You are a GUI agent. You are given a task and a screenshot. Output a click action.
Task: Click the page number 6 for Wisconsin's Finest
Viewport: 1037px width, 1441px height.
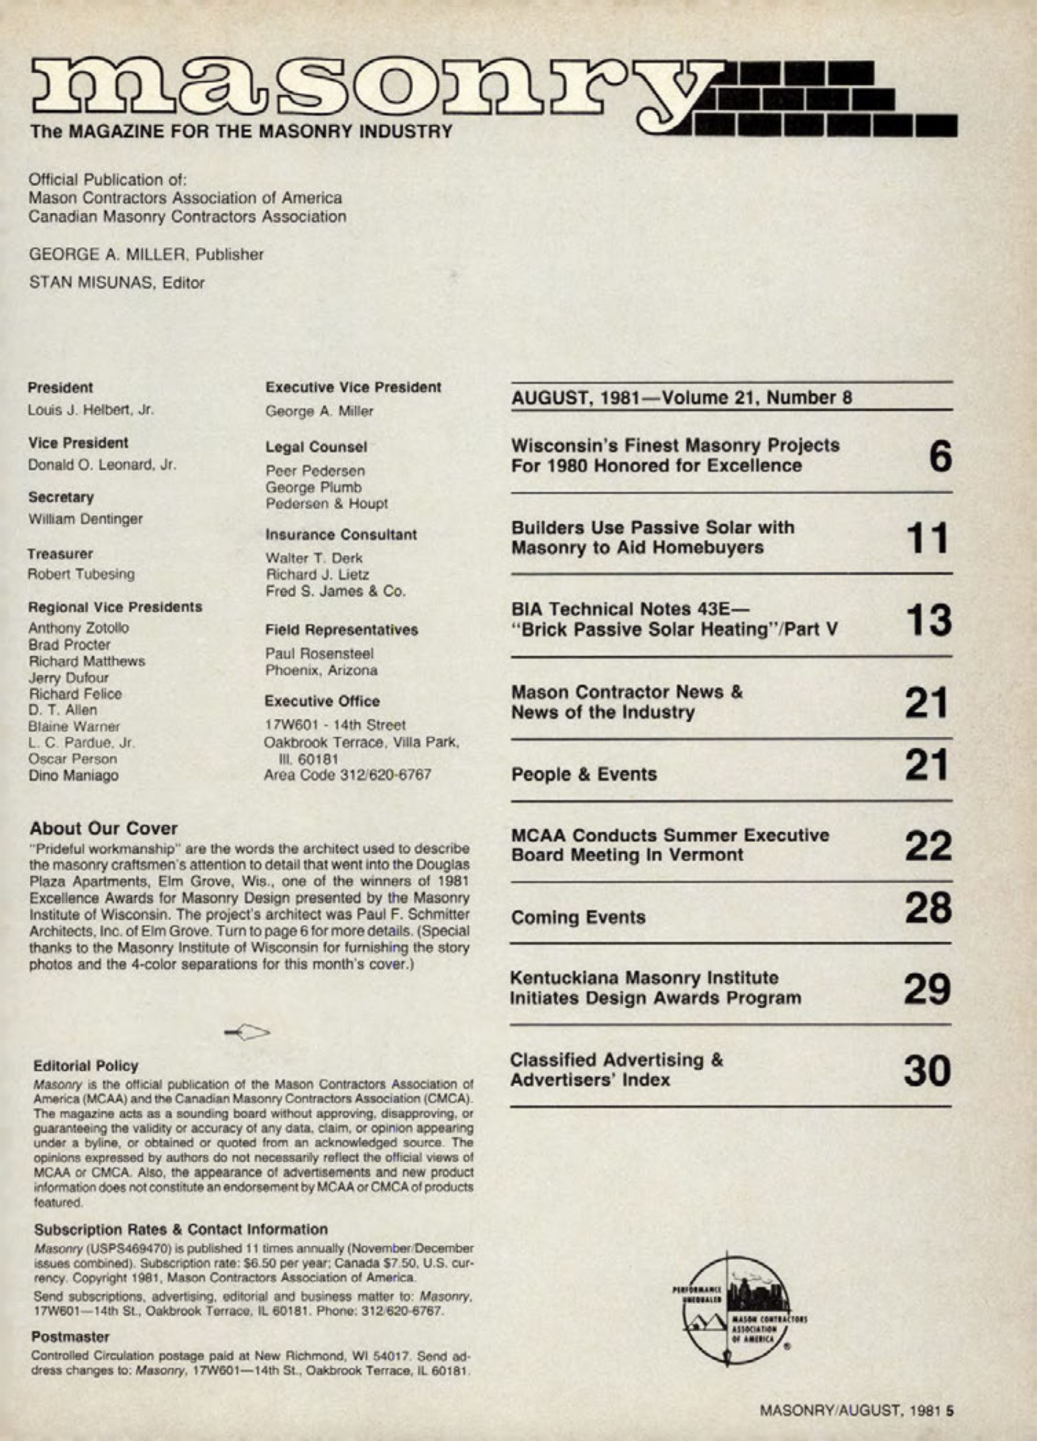click(x=940, y=455)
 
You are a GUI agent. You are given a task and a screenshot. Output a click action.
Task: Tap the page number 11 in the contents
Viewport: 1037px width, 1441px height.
click(x=927, y=538)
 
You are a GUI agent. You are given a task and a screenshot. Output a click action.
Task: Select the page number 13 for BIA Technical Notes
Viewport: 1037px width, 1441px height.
click(x=928, y=620)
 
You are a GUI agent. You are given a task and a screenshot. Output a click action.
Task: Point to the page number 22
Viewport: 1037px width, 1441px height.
click(x=928, y=846)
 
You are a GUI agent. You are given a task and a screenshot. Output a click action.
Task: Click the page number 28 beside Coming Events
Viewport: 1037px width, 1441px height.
click(x=928, y=908)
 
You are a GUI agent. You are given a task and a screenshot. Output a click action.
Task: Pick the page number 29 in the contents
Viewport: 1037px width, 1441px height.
click(x=928, y=989)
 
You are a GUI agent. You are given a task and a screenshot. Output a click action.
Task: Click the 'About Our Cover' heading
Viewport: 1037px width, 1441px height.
click(x=103, y=828)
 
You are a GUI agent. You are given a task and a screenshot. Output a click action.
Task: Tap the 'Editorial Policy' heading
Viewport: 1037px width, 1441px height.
click(x=86, y=1066)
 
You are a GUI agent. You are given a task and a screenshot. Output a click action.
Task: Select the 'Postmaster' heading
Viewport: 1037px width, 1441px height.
click(x=70, y=1336)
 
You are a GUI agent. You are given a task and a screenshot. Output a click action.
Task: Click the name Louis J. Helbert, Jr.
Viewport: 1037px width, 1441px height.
click(x=91, y=409)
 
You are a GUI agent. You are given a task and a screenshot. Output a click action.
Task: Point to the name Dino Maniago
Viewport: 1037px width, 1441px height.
click(x=73, y=775)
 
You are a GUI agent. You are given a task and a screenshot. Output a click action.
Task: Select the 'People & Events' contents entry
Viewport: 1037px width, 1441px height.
click(x=584, y=774)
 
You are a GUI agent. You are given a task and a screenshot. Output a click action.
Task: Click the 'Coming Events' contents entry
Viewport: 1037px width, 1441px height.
click(x=578, y=917)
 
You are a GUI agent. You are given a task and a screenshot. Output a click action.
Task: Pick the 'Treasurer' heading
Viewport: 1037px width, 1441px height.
click(x=60, y=554)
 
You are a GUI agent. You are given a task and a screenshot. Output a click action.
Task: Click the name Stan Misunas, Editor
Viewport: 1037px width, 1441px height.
click(x=117, y=282)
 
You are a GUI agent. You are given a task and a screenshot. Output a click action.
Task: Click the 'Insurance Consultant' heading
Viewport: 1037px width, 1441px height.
click(x=341, y=535)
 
